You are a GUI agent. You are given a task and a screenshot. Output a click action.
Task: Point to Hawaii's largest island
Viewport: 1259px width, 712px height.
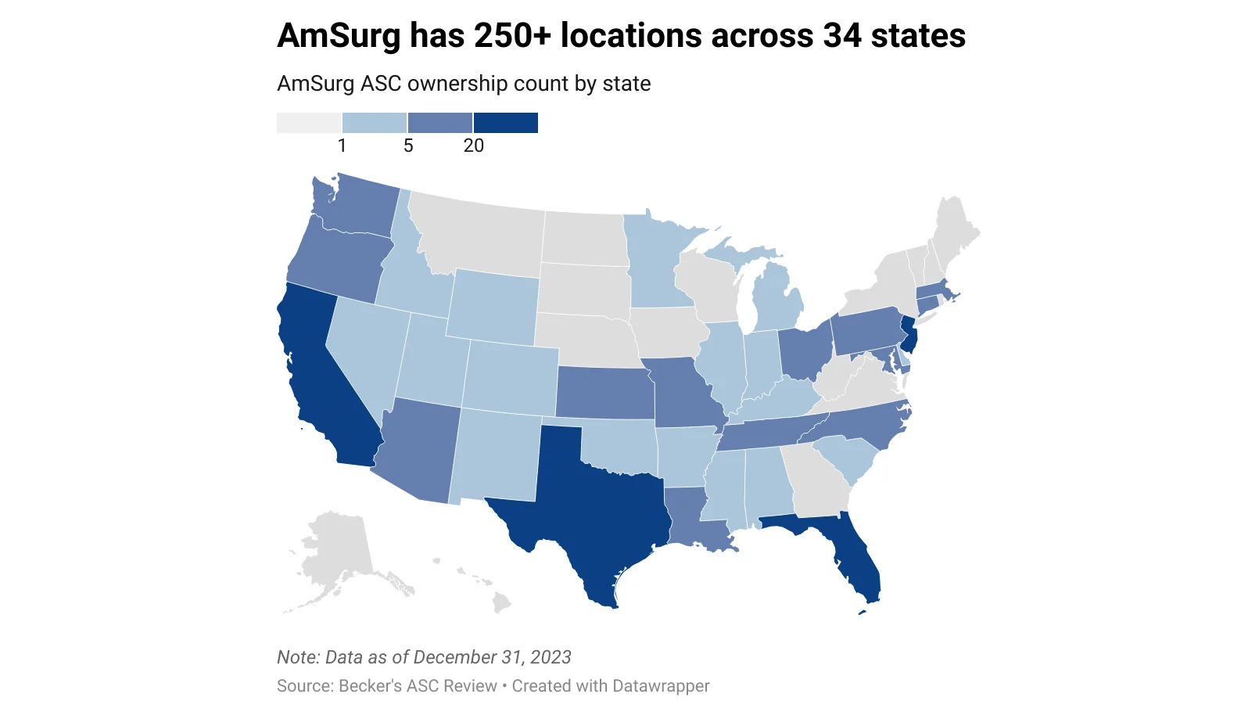[501, 602]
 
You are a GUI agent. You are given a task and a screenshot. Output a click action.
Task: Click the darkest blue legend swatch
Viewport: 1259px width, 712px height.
[506, 123]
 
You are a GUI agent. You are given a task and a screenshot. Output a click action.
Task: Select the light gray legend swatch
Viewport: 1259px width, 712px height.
[309, 123]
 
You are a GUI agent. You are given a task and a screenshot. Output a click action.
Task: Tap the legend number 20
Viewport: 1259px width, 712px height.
[473, 146]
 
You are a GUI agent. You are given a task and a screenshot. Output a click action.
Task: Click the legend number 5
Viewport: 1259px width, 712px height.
[407, 146]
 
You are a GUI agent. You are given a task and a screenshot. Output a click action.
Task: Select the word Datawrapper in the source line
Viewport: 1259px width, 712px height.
[661, 686]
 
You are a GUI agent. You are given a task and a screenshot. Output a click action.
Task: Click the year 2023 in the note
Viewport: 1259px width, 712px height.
[551, 657]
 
